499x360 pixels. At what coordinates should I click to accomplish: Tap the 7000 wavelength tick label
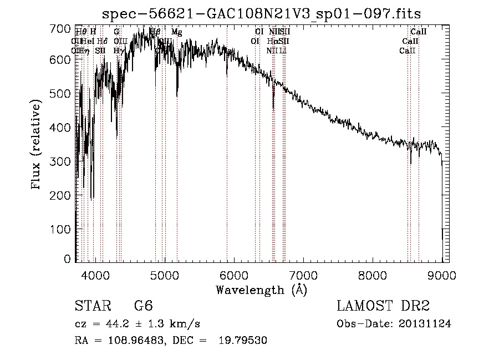click(303, 274)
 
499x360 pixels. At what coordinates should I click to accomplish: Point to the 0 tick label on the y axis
click(68, 259)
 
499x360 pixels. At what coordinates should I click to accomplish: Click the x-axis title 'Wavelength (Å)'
click(261, 290)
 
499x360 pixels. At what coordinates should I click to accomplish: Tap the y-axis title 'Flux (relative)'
click(37, 145)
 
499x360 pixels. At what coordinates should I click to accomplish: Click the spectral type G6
click(143, 306)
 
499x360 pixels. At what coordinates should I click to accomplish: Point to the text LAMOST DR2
click(383, 306)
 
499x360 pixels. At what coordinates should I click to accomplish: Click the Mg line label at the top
click(176, 32)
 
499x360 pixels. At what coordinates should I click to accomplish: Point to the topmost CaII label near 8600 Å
click(418, 32)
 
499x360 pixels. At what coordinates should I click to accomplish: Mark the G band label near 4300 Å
click(116, 32)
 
